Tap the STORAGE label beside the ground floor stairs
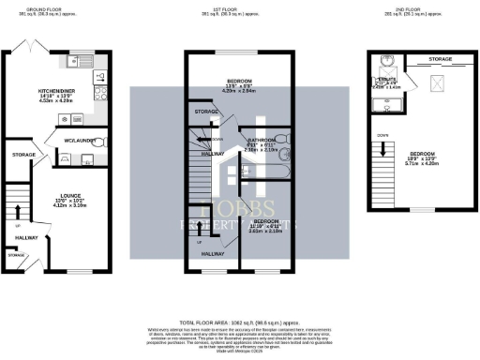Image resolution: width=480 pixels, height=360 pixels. coord(24,155)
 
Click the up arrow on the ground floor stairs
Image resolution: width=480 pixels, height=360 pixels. coord(17,202)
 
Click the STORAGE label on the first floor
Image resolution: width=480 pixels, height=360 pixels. coord(206,112)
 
